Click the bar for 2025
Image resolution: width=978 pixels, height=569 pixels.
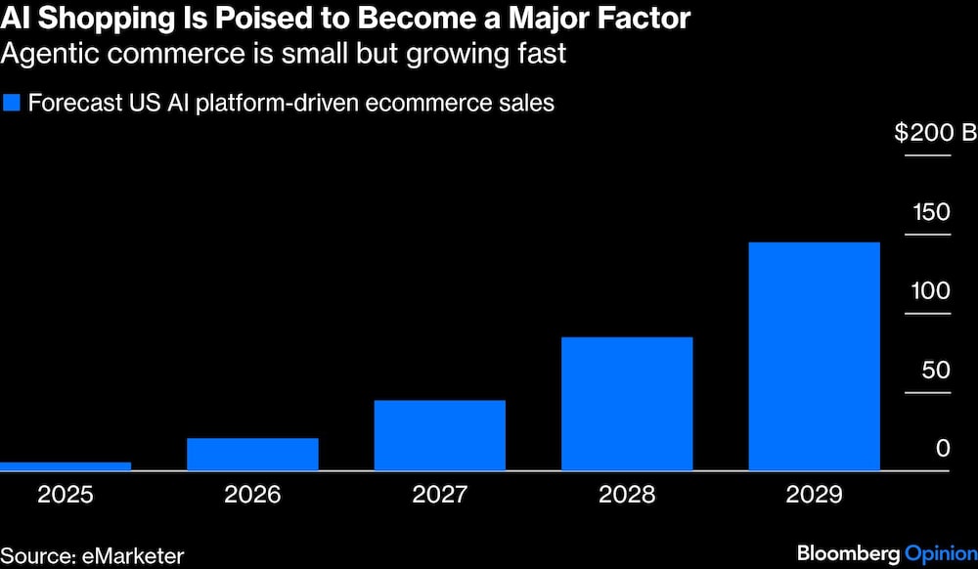(x=66, y=466)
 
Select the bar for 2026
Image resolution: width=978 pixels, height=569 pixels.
(x=252, y=455)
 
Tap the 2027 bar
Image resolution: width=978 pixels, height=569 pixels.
(x=439, y=435)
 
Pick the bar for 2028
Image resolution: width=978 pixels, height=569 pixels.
(x=627, y=404)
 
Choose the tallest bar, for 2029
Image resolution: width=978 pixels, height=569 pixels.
(x=814, y=356)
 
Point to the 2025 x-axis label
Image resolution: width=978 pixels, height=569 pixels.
(x=66, y=495)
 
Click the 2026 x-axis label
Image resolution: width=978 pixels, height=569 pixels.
(x=252, y=495)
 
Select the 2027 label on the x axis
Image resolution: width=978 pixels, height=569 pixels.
(x=439, y=495)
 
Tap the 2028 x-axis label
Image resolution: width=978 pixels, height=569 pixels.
(x=627, y=495)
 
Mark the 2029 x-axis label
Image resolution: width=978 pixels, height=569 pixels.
(x=814, y=495)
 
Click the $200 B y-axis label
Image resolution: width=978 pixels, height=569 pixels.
(x=934, y=133)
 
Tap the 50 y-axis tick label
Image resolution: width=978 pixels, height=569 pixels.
(x=936, y=370)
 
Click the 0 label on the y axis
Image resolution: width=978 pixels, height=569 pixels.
(x=943, y=449)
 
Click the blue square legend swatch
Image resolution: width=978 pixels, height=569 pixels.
(x=12, y=103)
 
